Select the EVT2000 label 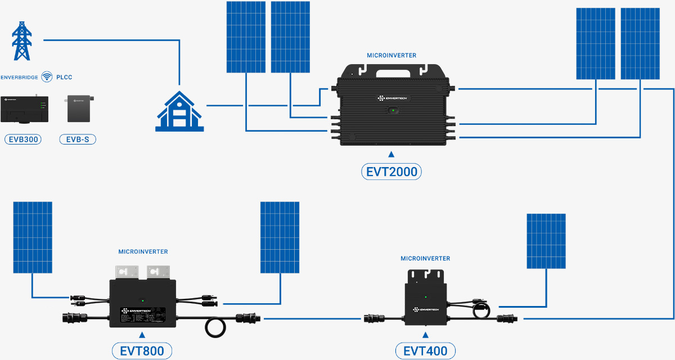point(391,172)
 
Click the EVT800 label point(142,352)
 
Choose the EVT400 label point(425,352)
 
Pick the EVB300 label point(22,139)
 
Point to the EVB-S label point(78,139)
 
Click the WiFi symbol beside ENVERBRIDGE point(47,77)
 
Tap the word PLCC point(64,77)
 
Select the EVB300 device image point(24,109)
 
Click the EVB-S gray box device point(78,109)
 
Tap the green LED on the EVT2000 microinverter point(391,110)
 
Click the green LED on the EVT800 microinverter point(143,301)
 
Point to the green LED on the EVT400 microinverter point(426,297)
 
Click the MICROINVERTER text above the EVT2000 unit point(391,56)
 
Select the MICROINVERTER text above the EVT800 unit point(143,251)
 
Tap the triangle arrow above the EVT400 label point(425,336)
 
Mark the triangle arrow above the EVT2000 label point(391,154)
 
